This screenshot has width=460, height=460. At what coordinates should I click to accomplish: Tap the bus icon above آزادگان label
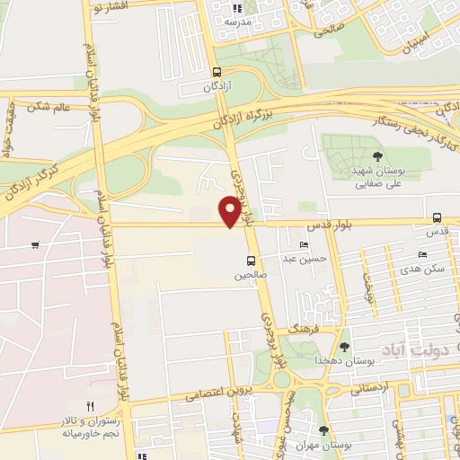coord(216,73)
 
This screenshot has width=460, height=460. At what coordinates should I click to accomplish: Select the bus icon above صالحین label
coord(252,261)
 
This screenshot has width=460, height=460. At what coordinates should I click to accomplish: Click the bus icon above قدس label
coord(437,217)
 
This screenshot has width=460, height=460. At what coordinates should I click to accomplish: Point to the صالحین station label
coord(252,276)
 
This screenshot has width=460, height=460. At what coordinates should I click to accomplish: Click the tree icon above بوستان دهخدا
coord(344,347)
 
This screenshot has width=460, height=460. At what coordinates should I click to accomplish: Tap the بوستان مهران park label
coord(323,445)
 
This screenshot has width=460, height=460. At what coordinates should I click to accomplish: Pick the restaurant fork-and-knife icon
coord(90,407)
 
